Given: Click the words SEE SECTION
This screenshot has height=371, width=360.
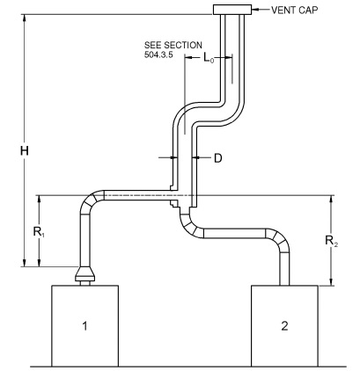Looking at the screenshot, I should pos(173,44).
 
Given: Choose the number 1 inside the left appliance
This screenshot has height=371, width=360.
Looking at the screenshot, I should pos(85,326).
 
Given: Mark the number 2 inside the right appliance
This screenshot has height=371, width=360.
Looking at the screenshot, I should pos(283,326).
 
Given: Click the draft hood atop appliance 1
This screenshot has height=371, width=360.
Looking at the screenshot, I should pos(86,275).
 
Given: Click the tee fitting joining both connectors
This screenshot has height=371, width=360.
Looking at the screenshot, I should pos(182,202).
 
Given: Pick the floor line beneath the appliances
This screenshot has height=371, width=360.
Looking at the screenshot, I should pos(176,365).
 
